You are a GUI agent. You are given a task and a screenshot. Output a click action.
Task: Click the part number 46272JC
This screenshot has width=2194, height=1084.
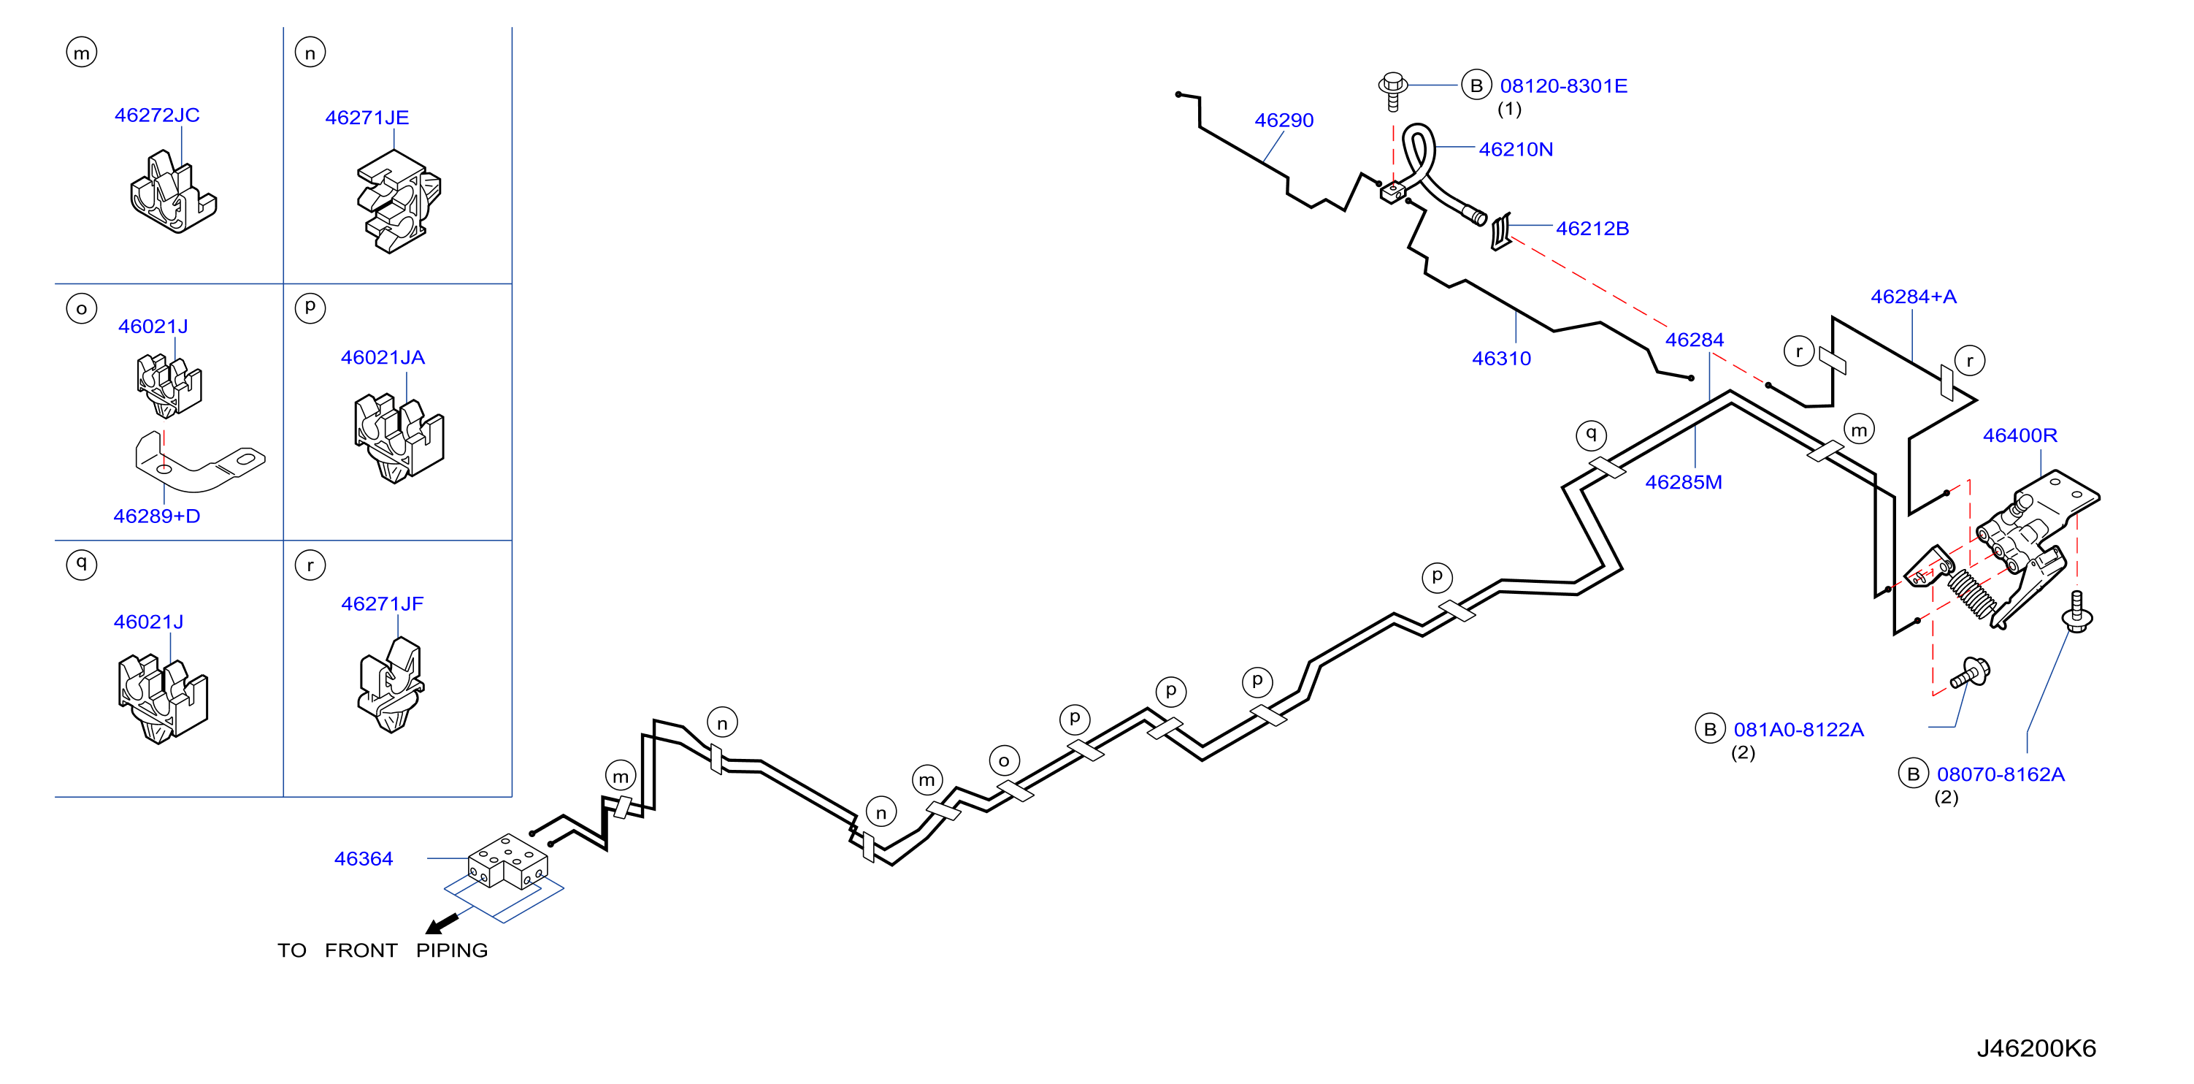tap(157, 115)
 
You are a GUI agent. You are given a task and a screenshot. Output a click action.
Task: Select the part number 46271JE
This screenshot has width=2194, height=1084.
tap(367, 118)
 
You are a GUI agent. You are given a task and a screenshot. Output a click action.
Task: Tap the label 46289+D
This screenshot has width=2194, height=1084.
tap(157, 516)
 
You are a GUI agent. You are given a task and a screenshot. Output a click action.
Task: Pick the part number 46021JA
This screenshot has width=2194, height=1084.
tap(383, 358)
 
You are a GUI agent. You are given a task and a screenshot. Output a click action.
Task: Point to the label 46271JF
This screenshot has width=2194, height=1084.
tap(383, 604)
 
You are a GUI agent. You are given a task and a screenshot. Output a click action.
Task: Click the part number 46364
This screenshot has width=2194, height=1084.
tap(364, 859)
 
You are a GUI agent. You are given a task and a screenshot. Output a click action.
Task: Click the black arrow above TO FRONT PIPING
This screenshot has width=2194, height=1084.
tap(442, 924)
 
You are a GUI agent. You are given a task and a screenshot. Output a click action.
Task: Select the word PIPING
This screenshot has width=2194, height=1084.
tap(451, 950)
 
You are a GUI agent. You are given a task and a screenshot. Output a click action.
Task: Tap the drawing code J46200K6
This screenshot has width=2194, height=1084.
tap(2036, 1048)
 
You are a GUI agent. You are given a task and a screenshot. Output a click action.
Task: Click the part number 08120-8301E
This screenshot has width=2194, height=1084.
tap(1564, 86)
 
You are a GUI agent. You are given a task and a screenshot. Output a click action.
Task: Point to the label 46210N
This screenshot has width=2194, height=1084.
tap(1516, 150)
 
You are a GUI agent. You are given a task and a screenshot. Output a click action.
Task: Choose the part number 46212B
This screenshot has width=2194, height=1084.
tap(1592, 229)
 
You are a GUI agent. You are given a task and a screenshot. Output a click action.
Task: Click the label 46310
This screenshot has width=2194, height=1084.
tap(1502, 359)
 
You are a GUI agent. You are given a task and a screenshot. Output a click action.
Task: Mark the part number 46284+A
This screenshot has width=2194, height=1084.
tap(1914, 297)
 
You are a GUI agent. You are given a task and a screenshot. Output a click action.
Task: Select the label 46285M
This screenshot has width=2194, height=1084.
tap(1684, 482)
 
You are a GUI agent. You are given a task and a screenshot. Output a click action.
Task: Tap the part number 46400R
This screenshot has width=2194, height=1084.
tap(2020, 435)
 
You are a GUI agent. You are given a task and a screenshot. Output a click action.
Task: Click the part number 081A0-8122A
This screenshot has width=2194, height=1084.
tap(1799, 730)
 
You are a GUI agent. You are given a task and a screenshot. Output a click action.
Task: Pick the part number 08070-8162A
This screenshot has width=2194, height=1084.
tap(2001, 774)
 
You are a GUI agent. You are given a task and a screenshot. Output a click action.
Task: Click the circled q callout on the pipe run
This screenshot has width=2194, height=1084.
tap(1591, 435)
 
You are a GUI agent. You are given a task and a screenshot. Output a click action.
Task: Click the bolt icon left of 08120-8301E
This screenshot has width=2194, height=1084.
tap(1392, 91)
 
